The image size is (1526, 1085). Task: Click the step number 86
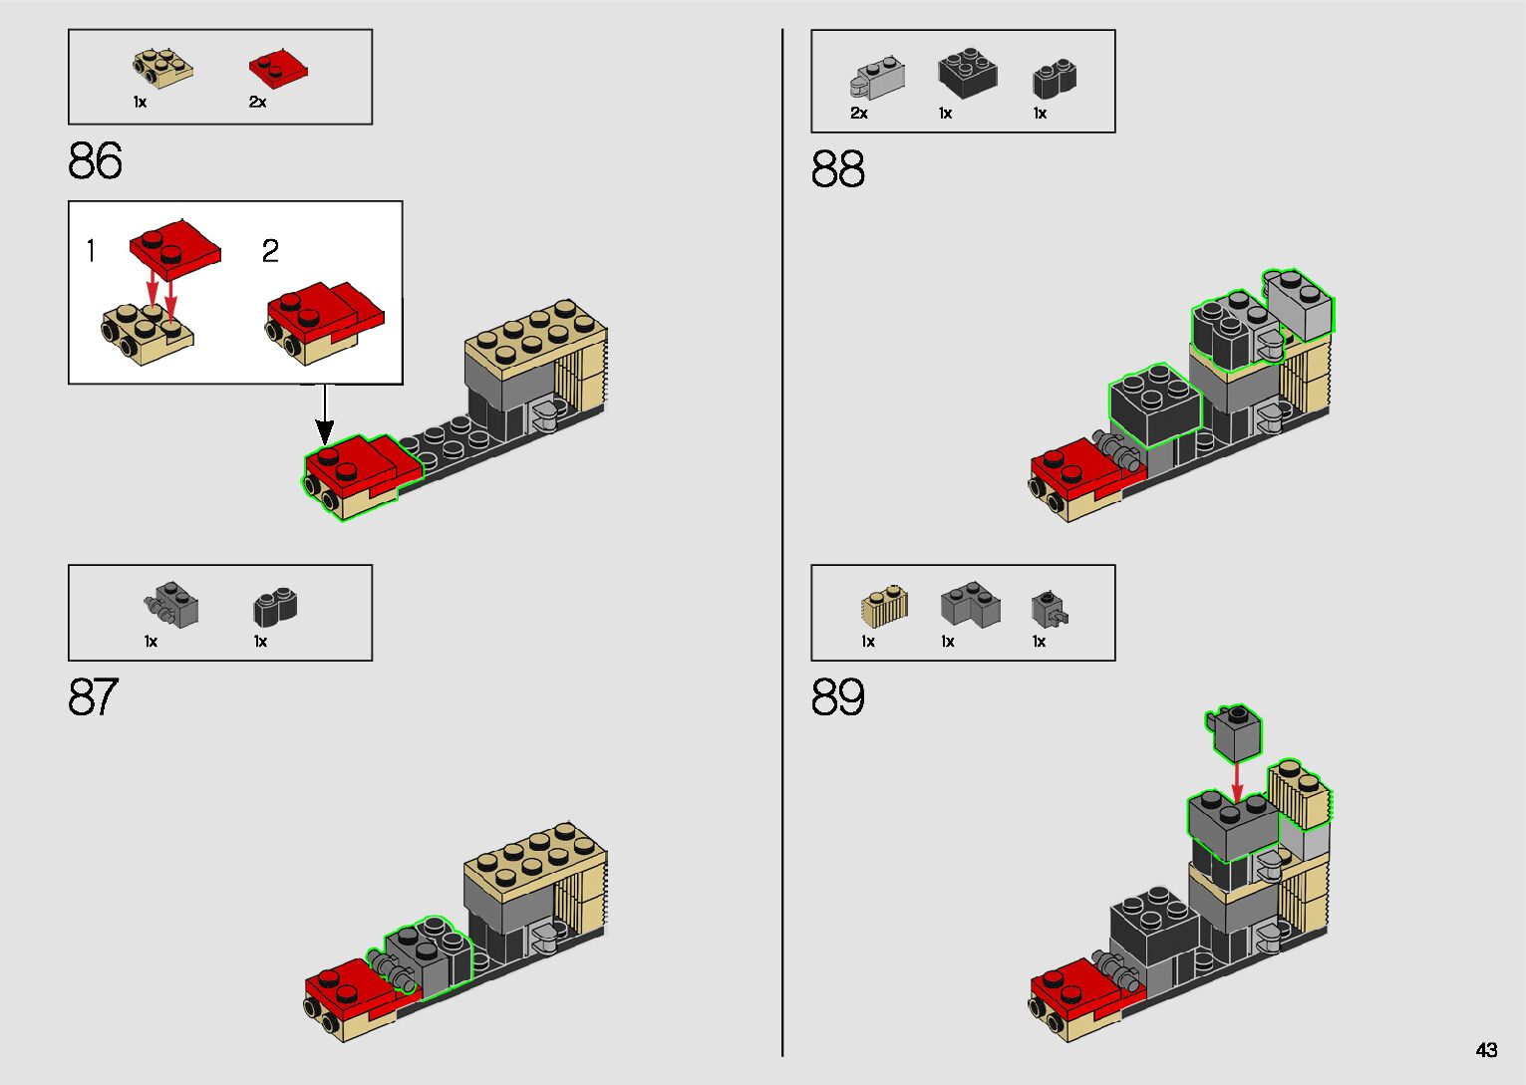[x=96, y=160]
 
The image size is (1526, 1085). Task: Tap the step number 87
[x=94, y=697]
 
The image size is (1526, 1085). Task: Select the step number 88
[x=837, y=169]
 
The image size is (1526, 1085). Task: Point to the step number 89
[x=837, y=697]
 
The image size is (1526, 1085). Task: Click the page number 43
[x=1486, y=1049]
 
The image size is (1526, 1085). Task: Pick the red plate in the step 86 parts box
[x=276, y=68]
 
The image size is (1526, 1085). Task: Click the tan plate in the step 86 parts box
[x=162, y=67]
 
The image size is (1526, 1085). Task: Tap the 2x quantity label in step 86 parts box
[x=258, y=102]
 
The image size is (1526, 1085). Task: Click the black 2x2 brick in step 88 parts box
[x=967, y=73]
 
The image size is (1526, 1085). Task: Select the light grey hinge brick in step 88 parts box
[x=878, y=79]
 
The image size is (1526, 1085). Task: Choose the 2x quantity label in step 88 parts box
[x=859, y=114]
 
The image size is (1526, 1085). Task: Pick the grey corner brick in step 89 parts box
[x=970, y=605]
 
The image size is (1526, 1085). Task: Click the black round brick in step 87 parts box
[x=276, y=606]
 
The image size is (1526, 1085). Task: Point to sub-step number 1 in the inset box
[x=91, y=251]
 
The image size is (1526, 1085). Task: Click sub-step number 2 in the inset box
[x=270, y=251]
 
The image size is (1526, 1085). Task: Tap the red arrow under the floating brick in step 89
[x=1237, y=781]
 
